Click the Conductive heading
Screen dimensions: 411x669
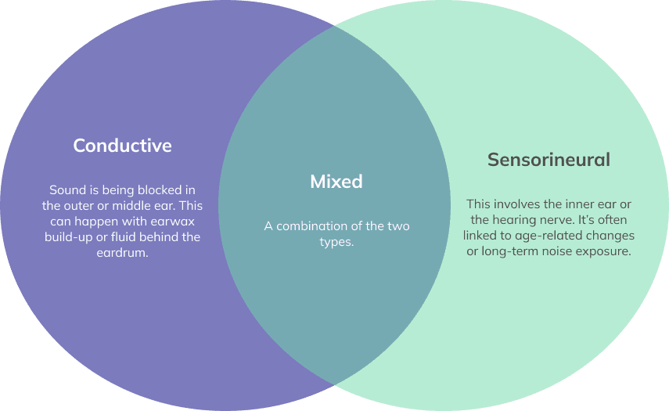tap(122, 146)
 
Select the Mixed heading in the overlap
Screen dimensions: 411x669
tap(336, 182)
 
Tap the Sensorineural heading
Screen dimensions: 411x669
tap(549, 160)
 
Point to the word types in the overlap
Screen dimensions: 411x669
tap(335, 242)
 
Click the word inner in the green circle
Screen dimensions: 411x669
tap(584, 204)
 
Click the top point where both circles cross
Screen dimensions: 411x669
tap(335, 26)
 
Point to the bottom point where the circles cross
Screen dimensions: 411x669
tap(335, 384)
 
